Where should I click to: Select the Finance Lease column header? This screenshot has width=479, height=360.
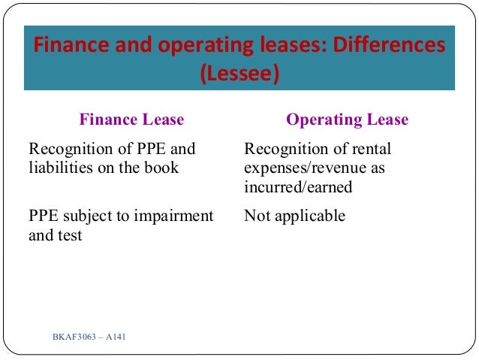(x=131, y=119)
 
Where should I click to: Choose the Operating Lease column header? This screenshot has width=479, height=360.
(x=348, y=119)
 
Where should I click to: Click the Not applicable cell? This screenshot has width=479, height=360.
(x=295, y=216)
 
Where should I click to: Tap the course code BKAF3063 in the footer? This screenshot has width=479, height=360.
(x=74, y=335)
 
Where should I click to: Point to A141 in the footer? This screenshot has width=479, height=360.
(x=116, y=335)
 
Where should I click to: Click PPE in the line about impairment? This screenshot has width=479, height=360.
(x=41, y=216)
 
